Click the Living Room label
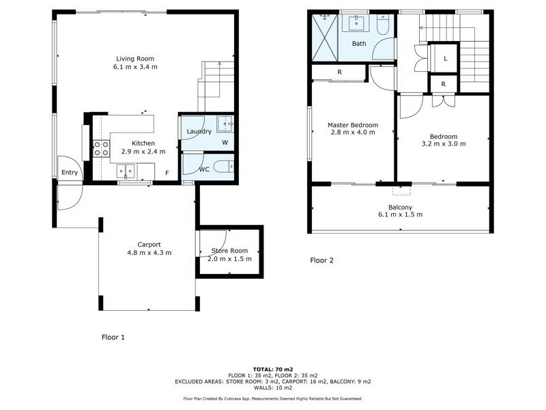134,58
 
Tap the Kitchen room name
144,143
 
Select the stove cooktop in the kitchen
101,148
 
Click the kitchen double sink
126,170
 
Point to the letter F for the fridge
167,173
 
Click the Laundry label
199,131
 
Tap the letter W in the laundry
225,143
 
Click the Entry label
70,173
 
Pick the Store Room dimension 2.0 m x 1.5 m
229,259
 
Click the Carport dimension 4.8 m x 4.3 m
149,253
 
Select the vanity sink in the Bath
357,24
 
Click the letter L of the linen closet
445,59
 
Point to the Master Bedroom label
352,125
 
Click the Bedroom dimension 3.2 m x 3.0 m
444,144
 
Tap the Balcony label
400,207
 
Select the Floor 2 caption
321,260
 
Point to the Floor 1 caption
113,337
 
